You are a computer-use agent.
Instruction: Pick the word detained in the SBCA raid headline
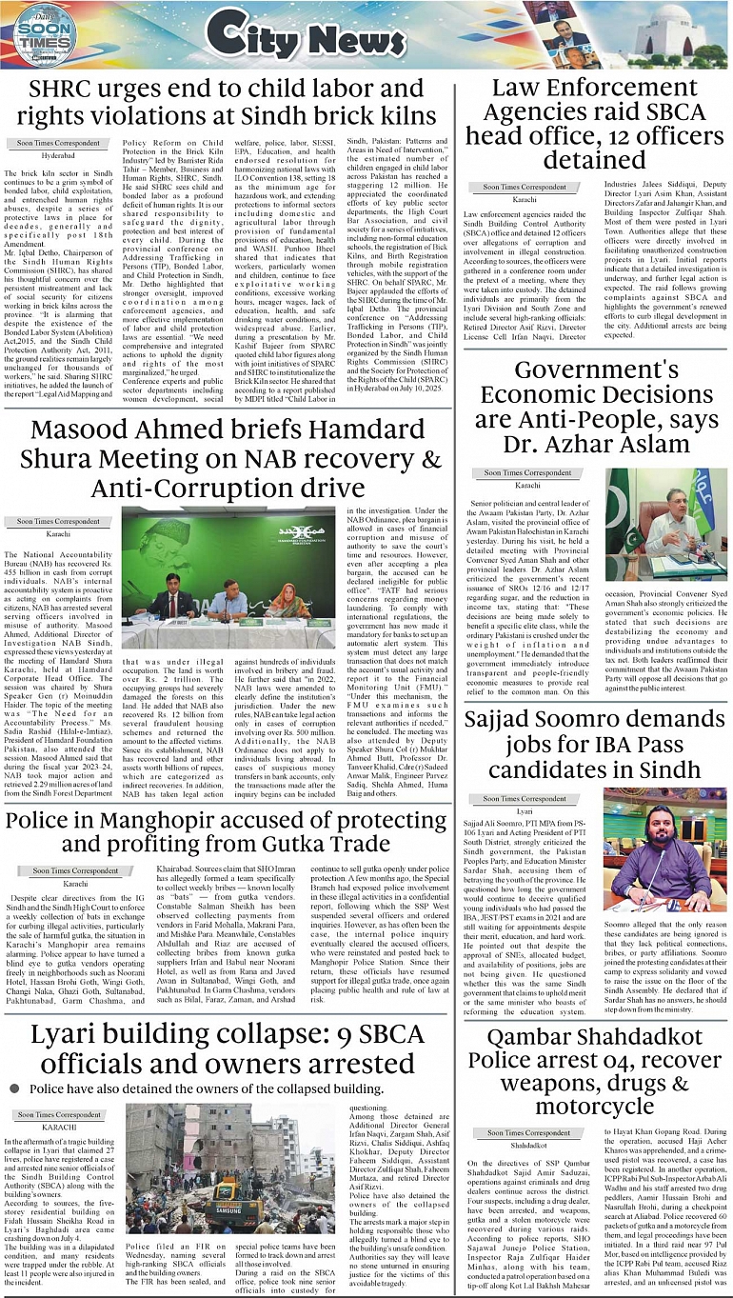click(x=595, y=162)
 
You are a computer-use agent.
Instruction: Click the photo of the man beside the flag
click(x=665, y=524)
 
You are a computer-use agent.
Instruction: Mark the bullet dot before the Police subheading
click(x=14, y=1088)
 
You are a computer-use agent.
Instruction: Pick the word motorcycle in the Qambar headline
click(x=595, y=1108)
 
